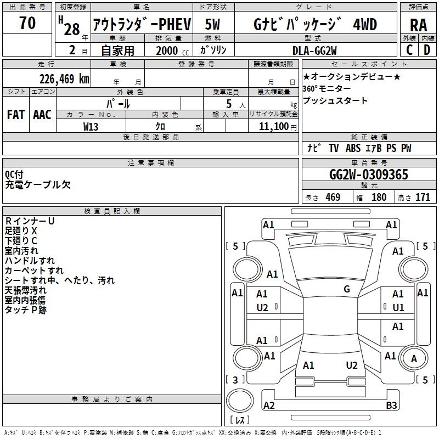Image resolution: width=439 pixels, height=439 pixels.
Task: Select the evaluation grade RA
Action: coord(418,25)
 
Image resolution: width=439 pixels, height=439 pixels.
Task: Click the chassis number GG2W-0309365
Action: coord(368,175)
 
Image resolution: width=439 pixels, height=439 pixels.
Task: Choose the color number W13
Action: coord(91,126)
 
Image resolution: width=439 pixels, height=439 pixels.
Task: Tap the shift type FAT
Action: coord(16,114)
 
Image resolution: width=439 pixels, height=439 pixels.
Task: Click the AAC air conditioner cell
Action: coord(42,114)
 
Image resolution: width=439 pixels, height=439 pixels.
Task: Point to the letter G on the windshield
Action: coord(346,289)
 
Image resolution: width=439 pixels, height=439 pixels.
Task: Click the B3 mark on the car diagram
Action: coord(391,406)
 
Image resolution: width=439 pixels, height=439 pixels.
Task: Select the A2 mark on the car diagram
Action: coord(269,406)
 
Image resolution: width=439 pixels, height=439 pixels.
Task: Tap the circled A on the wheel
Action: coord(414,358)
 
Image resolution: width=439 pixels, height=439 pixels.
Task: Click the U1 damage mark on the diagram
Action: coord(398,307)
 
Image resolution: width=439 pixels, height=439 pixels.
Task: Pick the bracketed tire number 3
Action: coord(235,380)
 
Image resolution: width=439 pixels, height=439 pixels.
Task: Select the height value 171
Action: coord(423,198)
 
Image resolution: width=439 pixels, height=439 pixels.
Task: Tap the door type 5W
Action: coord(213,24)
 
